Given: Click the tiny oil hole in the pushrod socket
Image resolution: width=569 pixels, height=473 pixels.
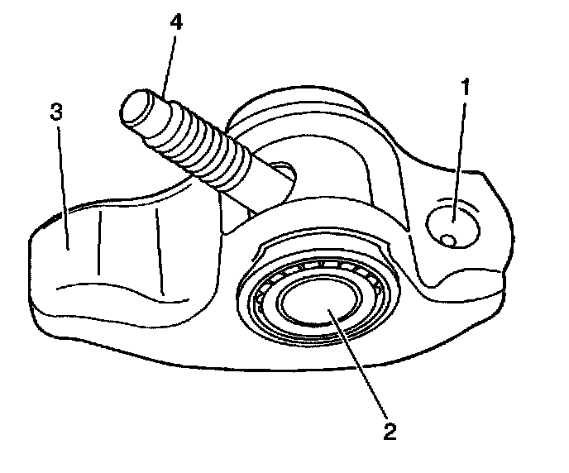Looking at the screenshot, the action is coord(447,241).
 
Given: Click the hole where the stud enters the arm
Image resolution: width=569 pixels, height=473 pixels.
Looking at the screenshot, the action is coord(283,171).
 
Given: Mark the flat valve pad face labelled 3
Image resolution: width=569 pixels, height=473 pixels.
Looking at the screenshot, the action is coord(74,248).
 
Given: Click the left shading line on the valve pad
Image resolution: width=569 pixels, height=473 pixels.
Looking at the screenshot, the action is coord(99,241).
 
